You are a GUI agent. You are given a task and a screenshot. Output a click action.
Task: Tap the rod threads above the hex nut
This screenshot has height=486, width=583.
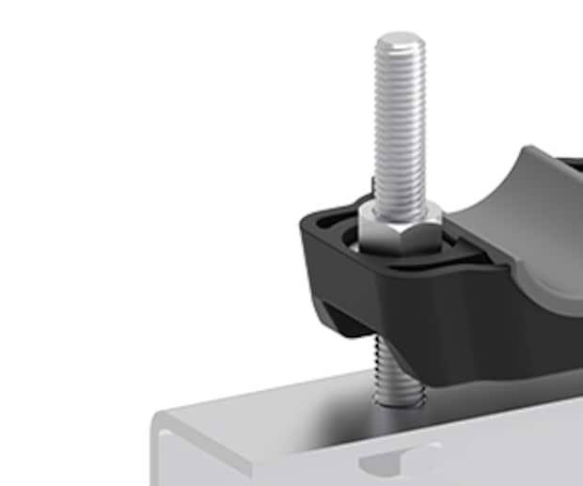coord(400,122)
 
